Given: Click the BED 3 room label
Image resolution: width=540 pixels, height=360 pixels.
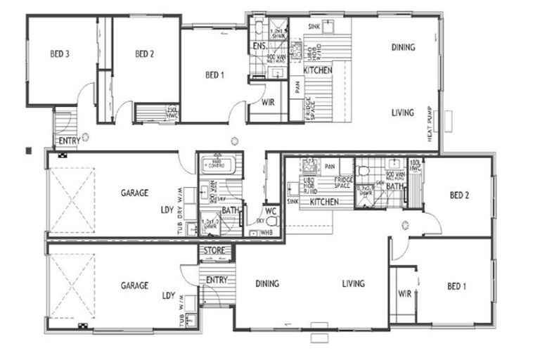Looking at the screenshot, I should [59, 53].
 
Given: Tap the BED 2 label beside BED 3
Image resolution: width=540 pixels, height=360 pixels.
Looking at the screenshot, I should [144, 53].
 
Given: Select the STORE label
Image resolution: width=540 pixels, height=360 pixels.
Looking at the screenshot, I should [214, 250].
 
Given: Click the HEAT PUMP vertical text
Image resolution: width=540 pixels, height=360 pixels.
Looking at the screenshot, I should [430, 125].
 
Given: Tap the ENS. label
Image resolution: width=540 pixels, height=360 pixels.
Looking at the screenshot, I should [258, 47].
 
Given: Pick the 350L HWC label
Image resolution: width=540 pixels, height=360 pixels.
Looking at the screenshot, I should [172, 112].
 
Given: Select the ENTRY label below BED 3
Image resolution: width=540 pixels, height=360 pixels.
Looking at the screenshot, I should [69, 141].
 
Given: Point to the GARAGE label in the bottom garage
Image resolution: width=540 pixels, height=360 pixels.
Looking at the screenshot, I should [134, 285].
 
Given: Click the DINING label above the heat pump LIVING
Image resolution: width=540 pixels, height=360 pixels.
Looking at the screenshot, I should [403, 48].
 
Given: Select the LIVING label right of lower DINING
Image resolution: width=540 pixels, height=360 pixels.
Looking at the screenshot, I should [353, 284].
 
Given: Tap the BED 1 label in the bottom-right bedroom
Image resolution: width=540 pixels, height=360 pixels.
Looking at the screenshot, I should [456, 286].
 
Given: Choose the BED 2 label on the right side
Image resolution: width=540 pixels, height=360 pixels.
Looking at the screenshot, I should [458, 195].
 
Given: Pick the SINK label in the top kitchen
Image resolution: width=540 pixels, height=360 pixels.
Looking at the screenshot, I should [314, 25].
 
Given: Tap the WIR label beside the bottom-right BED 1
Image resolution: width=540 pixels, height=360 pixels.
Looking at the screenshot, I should [404, 293].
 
